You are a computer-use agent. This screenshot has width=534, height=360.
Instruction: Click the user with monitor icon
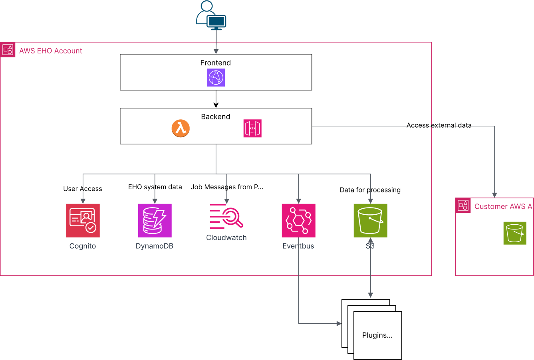pos(211,16)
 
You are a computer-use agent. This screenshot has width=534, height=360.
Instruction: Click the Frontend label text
pos(215,63)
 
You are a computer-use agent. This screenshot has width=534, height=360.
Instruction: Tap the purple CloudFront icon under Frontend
pos(216,77)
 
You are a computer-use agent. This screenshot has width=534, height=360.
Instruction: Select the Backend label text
pos(215,117)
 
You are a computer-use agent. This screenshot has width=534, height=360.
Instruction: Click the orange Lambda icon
pos(181,129)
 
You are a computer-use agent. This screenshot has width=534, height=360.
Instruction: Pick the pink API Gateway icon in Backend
pos(252,129)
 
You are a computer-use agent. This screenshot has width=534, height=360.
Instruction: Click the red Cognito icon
pos(83,220)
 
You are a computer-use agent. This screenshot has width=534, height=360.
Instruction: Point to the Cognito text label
pos(83,246)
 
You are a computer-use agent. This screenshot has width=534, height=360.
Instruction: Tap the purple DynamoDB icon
pos(155,220)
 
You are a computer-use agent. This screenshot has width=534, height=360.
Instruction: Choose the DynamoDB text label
pos(155,246)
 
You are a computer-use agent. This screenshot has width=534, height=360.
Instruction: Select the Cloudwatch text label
pos(226,237)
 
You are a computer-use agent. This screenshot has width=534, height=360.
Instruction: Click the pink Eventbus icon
pos(298,220)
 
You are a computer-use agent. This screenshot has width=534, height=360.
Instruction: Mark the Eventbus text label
pos(298,246)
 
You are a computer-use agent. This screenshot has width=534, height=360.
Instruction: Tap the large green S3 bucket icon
pos(370,220)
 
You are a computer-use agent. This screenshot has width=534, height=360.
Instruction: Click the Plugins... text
pos(377,335)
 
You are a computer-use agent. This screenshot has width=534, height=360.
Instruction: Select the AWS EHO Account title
pos(51,51)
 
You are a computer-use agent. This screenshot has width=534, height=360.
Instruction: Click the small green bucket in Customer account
pos(514,233)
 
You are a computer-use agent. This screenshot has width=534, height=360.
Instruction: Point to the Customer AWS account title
pos(504,206)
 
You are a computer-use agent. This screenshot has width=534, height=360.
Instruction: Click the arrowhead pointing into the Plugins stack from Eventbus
pos(339,324)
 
